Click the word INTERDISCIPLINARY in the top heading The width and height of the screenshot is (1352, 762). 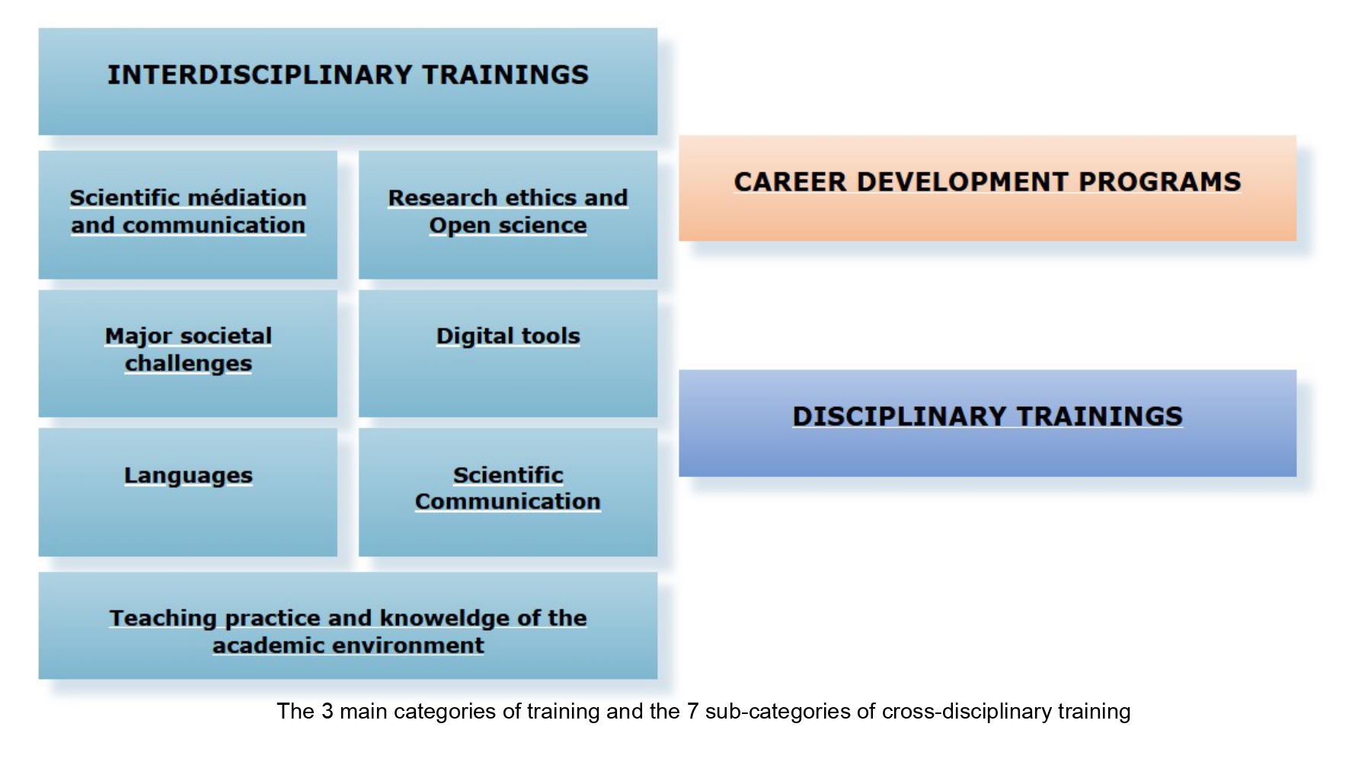[x=260, y=75]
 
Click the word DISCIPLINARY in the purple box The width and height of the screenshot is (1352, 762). [x=899, y=417]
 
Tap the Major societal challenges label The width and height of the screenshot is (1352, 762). [x=188, y=350]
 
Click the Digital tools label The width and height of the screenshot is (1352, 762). [x=507, y=336]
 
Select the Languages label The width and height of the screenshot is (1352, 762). [x=188, y=475]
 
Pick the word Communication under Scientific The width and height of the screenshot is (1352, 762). [x=507, y=501]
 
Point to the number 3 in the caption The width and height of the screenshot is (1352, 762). [x=327, y=712]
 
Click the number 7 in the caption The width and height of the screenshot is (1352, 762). [x=692, y=712]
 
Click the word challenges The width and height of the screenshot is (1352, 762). [x=188, y=363]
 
